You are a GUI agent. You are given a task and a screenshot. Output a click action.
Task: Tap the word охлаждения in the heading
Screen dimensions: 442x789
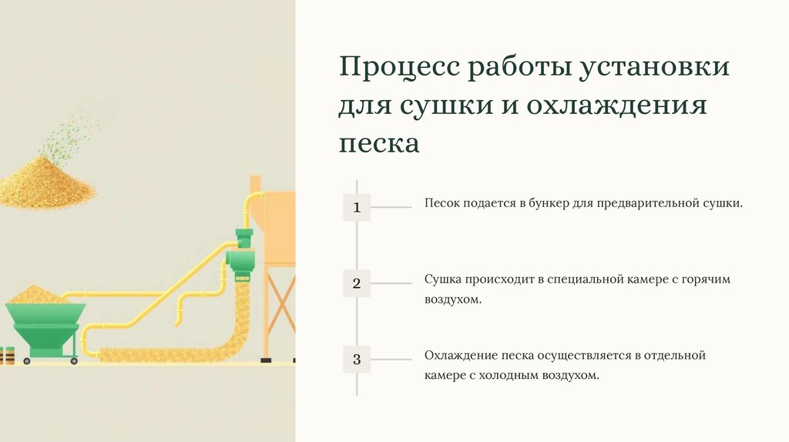pyautogui.click(x=616, y=105)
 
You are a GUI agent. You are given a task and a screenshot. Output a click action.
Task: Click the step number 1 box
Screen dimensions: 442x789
pyautogui.click(x=356, y=207)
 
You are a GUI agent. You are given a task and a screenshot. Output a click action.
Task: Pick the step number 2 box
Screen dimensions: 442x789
pyautogui.click(x=356, y=283)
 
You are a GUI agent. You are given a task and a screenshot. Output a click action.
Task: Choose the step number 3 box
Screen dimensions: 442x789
pyautogui.click(x=356, y=359)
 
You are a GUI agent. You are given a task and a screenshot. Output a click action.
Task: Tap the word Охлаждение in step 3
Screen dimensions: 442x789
pyautogui.click(x=460, y=356)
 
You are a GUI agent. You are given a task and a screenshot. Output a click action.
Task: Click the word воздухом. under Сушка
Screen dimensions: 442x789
pyautogui.click(x=453, y=299)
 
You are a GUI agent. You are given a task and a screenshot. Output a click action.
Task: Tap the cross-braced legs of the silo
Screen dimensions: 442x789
pyautogui.click(x=279, y=316)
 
